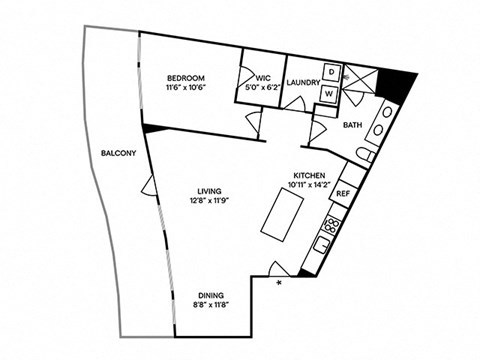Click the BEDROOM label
point(186,79)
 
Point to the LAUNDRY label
point(302,83)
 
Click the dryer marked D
point(330,75)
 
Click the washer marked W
point(330,93)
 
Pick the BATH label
point(353,126)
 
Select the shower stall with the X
point(363,82)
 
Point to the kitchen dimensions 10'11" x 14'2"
point(308,184)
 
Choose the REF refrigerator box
point(342,193)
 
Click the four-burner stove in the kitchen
point(332,222)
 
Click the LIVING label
point(207,192)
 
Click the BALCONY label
point(119,153)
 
